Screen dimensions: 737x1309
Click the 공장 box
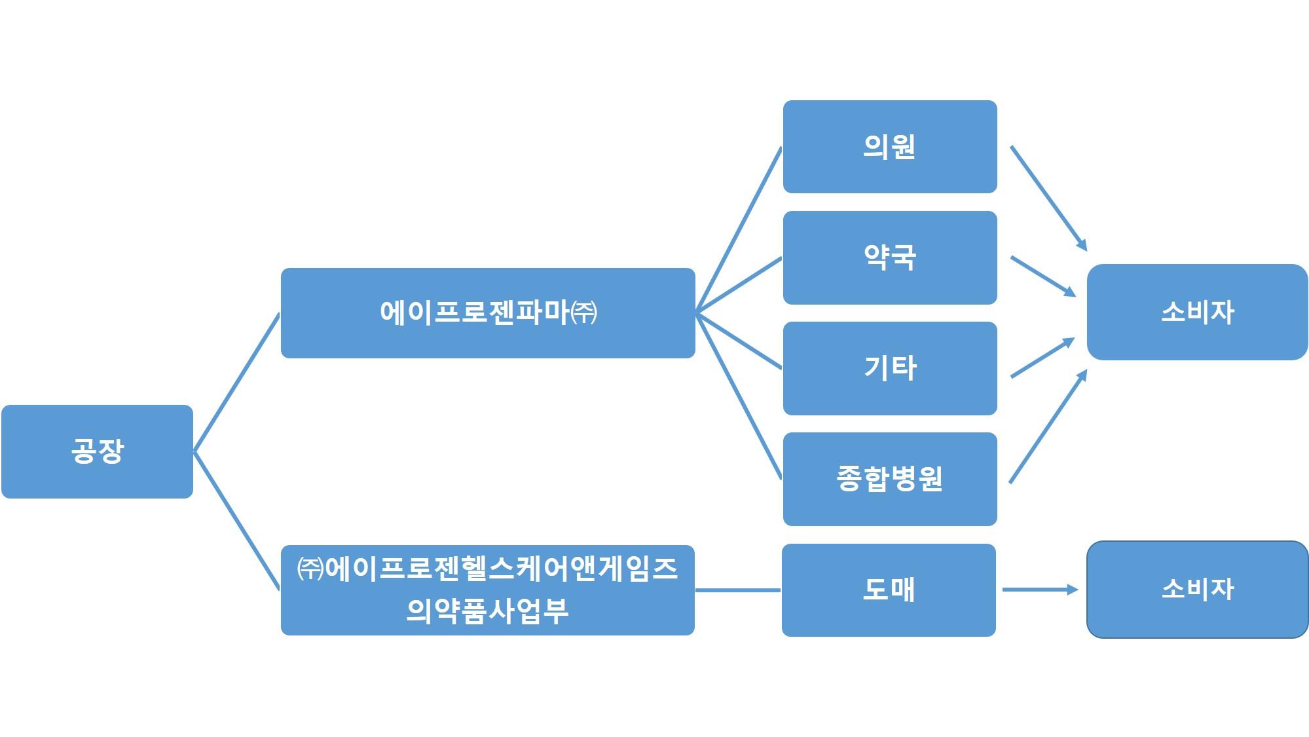point(97,451)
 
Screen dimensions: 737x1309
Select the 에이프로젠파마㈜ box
point(487,312)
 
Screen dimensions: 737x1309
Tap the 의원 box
point(889,147)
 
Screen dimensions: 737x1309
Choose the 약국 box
point(889,257)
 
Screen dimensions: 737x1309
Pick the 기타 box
point(889,368)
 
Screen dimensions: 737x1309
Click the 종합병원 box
point(889,479)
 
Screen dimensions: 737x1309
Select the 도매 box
point(889,590)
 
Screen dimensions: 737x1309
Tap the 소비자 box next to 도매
point(1197,590)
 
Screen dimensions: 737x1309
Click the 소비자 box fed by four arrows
point(1197,312)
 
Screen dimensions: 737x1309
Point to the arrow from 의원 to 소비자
point(1048,198)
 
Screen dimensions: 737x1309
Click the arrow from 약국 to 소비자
point(1042,276)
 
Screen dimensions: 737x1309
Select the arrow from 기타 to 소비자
point(1042,358)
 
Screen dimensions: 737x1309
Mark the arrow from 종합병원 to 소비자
point(1048,427)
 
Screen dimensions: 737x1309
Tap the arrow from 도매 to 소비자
point(1040,590)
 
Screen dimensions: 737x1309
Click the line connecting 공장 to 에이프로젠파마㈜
point(237,382)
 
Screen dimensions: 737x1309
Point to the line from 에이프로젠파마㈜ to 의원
point(739,229)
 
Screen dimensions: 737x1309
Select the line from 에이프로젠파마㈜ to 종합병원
point(739,396)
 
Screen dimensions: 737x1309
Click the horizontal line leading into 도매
point(738,590)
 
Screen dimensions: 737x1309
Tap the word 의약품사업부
point(487,611)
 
